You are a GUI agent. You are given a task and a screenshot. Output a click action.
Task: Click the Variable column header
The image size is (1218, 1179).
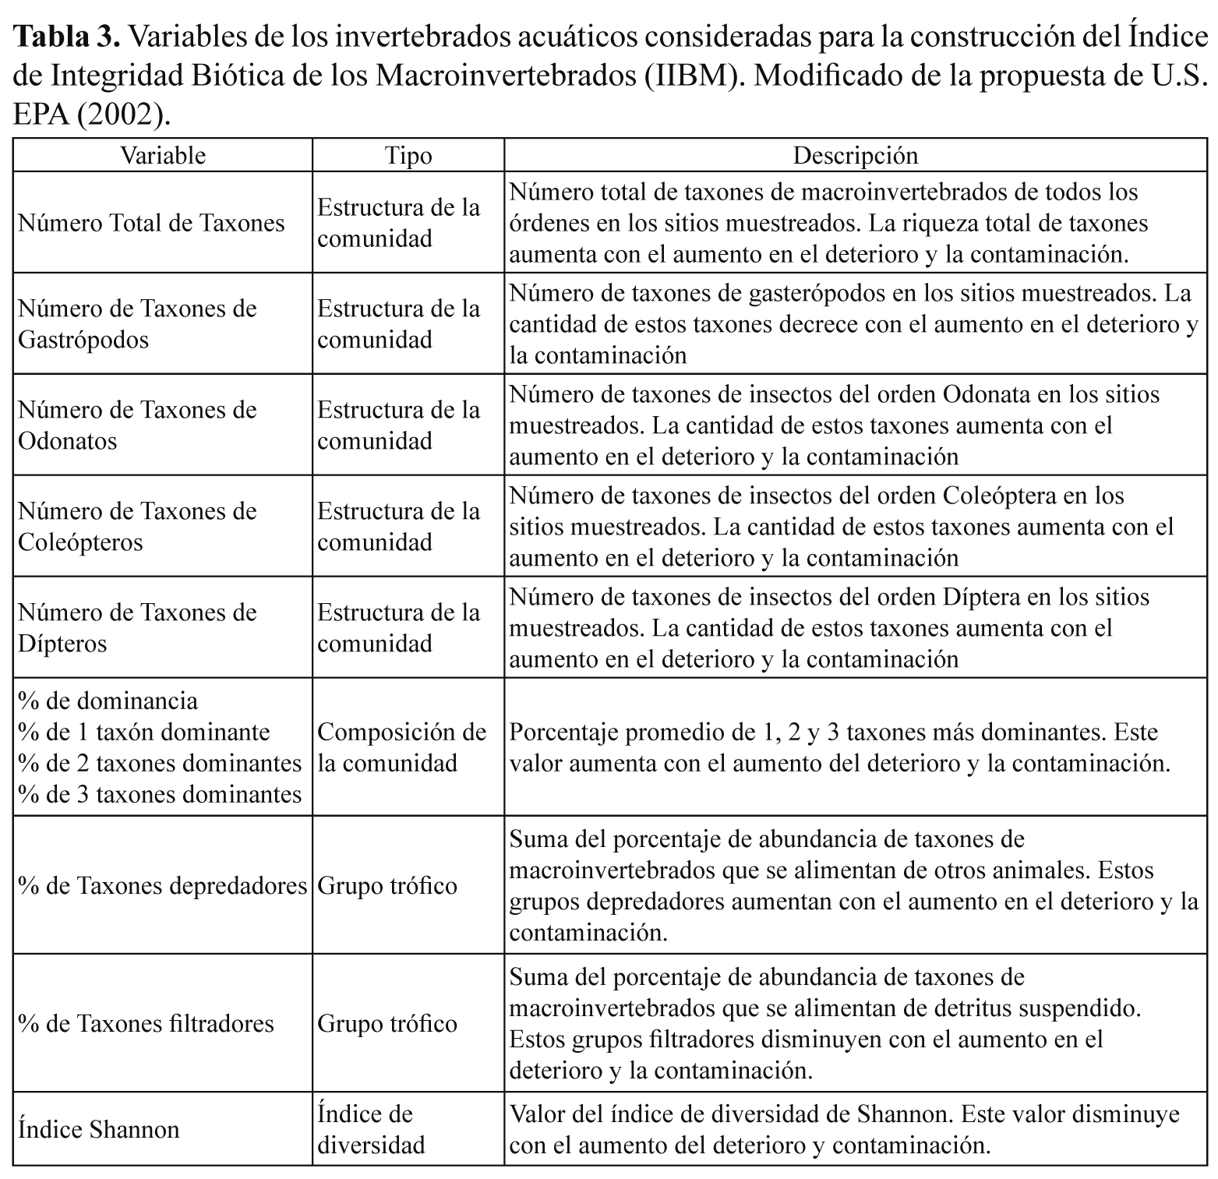coord(162,155)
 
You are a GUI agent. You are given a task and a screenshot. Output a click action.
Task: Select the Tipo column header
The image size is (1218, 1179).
coord(408,155)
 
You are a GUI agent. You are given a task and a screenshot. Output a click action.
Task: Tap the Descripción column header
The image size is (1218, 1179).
coord(855,155)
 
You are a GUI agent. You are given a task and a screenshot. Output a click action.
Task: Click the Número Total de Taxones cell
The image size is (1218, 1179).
coord(151,223)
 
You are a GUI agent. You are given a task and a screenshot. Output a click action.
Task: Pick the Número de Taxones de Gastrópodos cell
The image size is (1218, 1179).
coord(137,324)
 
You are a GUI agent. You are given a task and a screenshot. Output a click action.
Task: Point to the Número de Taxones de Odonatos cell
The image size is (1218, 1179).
coord(137,425)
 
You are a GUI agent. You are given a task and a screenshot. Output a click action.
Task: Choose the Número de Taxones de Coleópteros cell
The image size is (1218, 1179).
coord(137,527)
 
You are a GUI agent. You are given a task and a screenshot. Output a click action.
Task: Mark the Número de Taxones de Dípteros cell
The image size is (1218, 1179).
coord(137,628)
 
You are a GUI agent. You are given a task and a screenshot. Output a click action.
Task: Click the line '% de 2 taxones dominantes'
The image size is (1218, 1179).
coord(160,763)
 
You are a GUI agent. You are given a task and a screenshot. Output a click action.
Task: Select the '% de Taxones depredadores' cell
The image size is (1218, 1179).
coord(162,885)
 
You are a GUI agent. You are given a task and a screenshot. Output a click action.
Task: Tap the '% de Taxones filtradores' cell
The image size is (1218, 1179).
coord(146,1023)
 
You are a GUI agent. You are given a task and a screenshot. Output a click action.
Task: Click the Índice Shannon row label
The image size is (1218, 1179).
coord(98,1129)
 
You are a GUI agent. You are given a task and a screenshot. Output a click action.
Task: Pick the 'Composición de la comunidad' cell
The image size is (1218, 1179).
coord(401,747)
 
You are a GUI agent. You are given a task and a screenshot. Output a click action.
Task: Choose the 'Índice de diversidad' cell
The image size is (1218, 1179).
coord(372,1129)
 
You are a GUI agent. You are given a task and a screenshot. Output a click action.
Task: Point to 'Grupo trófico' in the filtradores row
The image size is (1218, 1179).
coord(387,1023)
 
